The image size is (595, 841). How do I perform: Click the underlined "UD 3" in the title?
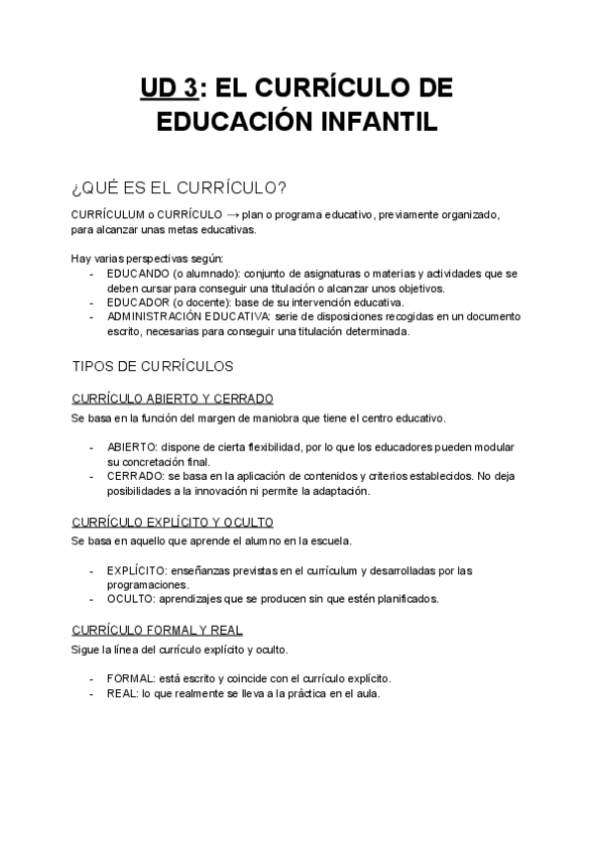[x=168, y=88]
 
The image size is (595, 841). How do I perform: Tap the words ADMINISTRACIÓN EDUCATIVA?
[x=187, y=316]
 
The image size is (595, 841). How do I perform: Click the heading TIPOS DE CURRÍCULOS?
[x=153, y=366]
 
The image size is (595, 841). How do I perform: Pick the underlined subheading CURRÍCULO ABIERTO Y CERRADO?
[x=173, y=399]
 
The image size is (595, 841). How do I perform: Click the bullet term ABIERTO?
[x=130, y=447]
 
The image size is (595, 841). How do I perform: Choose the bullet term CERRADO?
[x=133, y=476]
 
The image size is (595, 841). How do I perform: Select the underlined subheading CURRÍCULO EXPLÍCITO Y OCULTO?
[x=174, y=522]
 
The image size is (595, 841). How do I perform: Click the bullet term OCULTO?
[x=129, y=599]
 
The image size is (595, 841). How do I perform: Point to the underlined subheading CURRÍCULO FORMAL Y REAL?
[x=158, y=630]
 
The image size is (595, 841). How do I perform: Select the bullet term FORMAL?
[x=129, y=678]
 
